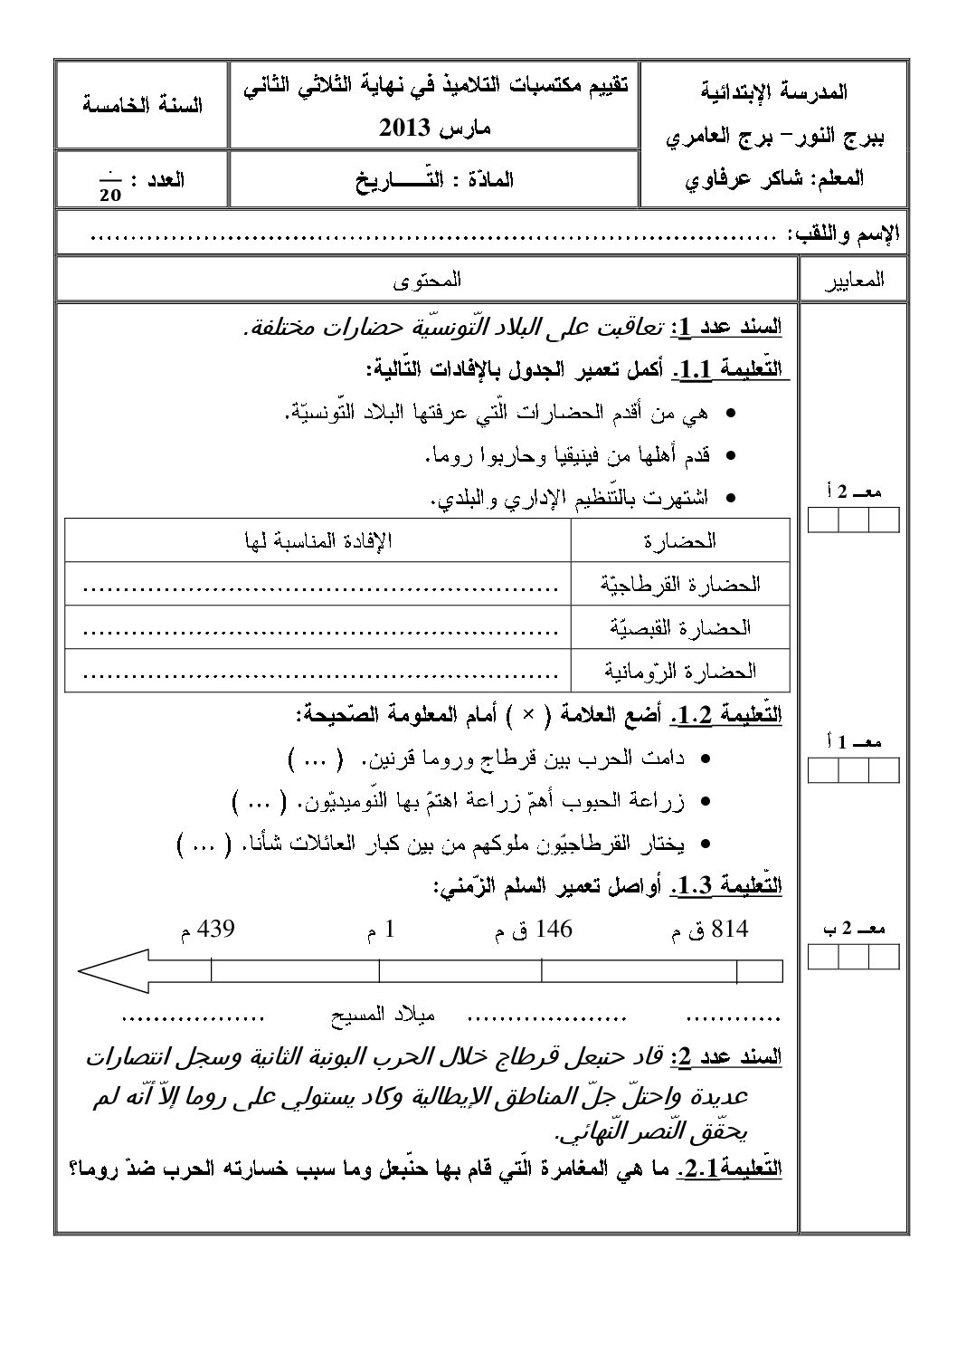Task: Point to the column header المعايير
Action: [854, 281]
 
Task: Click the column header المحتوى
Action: [428, 280]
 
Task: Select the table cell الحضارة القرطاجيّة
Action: [680, 585]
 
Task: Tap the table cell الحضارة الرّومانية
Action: [680, 671]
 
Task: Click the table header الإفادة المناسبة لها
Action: [318, 541]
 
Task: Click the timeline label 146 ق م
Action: [534, 930]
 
